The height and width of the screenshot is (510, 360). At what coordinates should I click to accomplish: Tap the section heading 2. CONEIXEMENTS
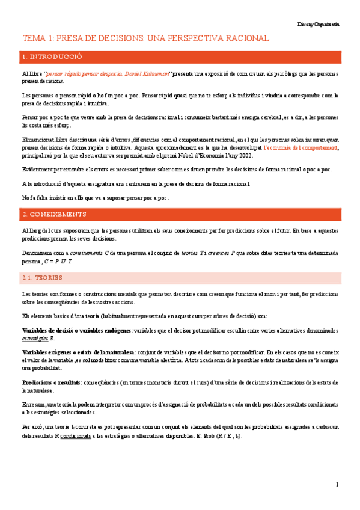tap(53, 214)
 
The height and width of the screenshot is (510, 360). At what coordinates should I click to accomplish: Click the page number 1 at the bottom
tap(337, 484)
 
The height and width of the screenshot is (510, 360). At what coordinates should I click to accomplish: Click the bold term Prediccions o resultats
tap(48, 382)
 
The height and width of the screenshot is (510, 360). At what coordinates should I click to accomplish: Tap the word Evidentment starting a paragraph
tap(38, 170)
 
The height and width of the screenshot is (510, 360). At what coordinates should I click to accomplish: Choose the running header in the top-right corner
tap(319, 24)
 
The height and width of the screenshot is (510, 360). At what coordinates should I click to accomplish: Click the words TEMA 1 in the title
tap(38, 38)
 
